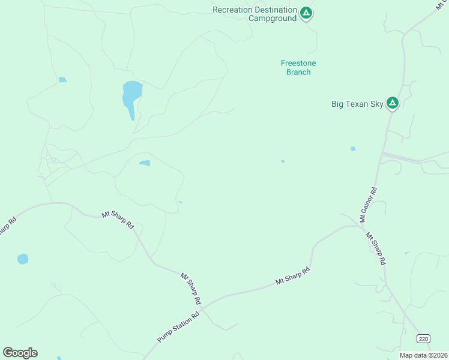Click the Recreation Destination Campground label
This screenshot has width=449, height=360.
pyautogui.click(x=255, y=14)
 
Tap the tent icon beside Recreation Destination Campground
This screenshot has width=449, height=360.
pyautogui.click(x=306, y=13)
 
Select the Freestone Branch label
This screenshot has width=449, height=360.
pyautogui.click(x=298, y=67)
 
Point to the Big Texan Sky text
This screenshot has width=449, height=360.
pyautogui.click(x=357, y=104)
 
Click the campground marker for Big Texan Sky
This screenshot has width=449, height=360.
pyautogui.click(x=392, y=103)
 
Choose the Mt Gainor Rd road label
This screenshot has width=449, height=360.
pyautogui.click(x=368, y=205)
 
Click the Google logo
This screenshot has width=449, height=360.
pyautogui.click(x=20, y=352)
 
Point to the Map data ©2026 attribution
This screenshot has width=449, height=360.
pyautogui.click(x=424, y=355)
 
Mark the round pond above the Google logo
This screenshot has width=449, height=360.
pyautogui.click(x=23, y=259)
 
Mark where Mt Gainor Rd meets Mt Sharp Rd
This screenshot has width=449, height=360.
pyautogui.click(x=361, y=227)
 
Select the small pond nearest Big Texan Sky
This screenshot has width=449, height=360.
pyautogui.click(x=352, y=149)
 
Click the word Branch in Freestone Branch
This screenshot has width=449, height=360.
pyautogui.click(x=298, y=72)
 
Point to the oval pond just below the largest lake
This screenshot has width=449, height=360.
pyautogui.click(x=145, y=163)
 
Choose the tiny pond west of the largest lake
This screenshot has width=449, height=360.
pyautogui.click(x=62, y=80)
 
